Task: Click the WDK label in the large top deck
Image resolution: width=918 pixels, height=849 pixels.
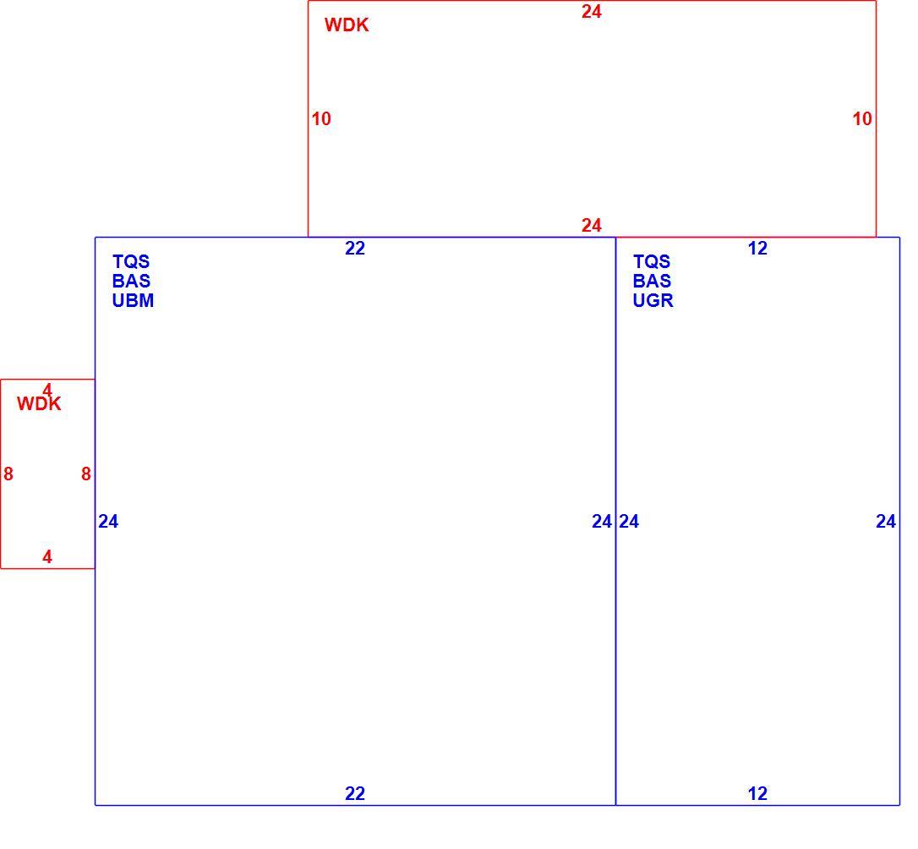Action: [x=347, y=25]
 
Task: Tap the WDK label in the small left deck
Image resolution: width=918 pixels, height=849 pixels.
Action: [x=39, y=404]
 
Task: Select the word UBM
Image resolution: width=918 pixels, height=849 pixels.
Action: [x=133, y=300]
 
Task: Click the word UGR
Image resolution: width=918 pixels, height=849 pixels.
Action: [x=653, y=300]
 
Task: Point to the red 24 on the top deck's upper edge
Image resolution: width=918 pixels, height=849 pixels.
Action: [x=592, y=12]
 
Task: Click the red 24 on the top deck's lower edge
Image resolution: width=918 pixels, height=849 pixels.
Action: [x=592, y=226]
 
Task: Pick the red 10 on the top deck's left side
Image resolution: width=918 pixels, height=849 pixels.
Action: [x=321, y=119]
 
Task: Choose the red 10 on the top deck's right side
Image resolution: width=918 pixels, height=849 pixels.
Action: [x=862, y=119]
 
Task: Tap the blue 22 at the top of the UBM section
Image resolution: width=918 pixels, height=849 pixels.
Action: [x=355, y=249]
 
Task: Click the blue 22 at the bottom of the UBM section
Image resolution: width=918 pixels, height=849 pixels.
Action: [x=355, y=793]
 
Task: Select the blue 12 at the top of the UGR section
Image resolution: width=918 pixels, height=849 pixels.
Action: [x=757, y=249]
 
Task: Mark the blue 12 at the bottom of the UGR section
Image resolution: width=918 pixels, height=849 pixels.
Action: [x=757, y=793]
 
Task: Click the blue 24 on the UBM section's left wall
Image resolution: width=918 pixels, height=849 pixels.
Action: [x=108, y=521]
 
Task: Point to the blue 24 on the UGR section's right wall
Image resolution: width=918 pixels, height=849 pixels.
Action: [x=886, y=521]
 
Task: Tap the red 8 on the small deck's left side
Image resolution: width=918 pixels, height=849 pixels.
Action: [x=8, y=474]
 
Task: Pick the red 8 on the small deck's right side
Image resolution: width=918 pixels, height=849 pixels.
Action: [x=86, y=474]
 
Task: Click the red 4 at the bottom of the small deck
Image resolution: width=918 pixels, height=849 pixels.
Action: [x=47, y=556]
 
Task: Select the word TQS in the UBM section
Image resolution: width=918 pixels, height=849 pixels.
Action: [x=130, y=261]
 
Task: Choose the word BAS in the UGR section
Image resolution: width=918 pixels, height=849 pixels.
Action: [x=652, y=281]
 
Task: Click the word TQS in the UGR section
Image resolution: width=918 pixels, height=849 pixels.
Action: [x=651, y=261]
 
